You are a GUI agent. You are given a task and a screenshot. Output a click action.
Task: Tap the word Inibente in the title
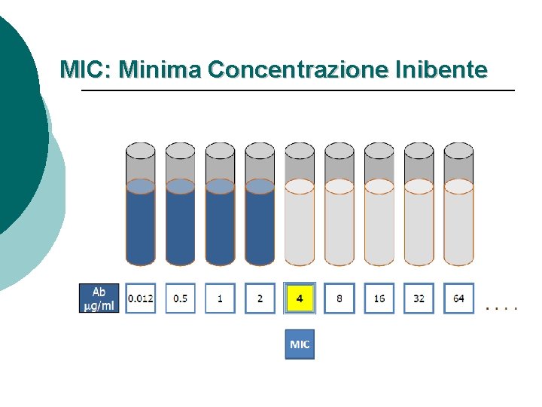coord(440,71)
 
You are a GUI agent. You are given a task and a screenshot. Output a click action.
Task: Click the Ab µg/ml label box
coord(99,298)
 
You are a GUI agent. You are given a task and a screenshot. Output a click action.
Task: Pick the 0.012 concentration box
coord(140,298)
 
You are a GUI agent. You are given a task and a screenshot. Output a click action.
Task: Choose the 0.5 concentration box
coord(181,298)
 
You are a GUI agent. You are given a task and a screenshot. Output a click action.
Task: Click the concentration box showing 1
coord(220,298)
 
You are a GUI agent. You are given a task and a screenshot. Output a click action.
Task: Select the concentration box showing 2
coord(260,298)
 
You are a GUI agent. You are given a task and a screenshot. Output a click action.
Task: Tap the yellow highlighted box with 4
coord(300,298)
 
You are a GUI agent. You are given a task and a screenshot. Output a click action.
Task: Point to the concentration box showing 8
coord(340,298)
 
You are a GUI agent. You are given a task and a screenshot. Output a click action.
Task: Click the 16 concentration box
coord(379,298)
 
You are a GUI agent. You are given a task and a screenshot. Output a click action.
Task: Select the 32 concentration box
coord(419,298)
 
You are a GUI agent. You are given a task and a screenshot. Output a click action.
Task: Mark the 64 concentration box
coord(458,298)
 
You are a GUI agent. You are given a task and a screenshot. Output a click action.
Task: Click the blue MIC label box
coord(300,344)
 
